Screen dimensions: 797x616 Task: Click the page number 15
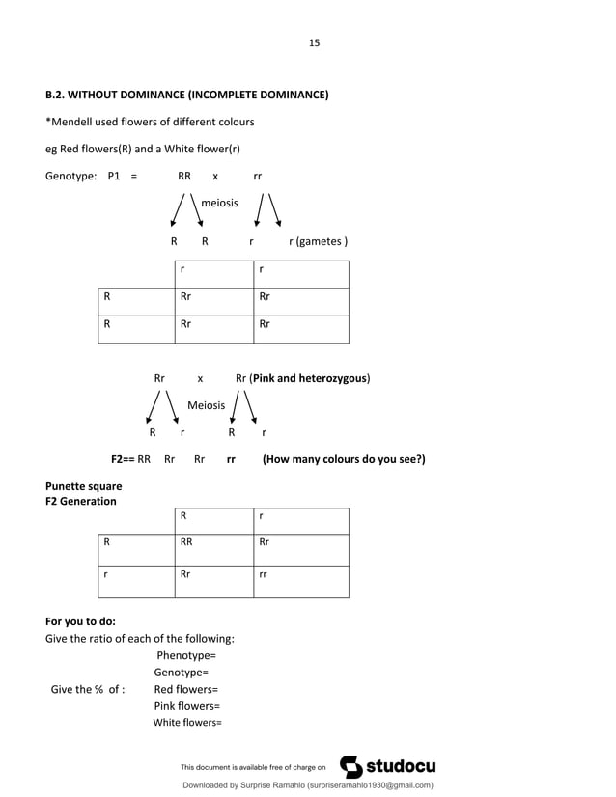click(x=314, y=42)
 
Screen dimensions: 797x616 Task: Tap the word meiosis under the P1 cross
click(x=219, y=203)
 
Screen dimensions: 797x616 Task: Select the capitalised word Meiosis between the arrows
click(x=206, y=406)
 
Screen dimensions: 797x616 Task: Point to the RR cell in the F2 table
click(x=186, y=542)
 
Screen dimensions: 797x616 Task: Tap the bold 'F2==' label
click(x=123, y=459)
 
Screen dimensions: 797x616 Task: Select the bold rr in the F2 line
click(x=232, y=459)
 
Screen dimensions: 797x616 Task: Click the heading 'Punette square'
click(x=84, y=486)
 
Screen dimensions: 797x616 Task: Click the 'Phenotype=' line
click(x=192, y=656)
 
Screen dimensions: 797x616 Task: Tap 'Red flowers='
click(x=185, y=689)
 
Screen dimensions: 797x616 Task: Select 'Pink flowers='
click(x=186, y=705)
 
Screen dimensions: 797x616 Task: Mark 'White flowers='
click(x=187, y=722)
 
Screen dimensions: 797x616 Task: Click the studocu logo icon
click(x=350, y=766)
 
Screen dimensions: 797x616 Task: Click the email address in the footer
click(x=370, y=785)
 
